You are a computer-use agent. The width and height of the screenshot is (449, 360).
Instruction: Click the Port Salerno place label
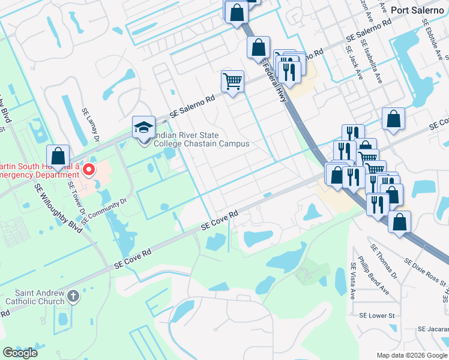[x=416, y=10]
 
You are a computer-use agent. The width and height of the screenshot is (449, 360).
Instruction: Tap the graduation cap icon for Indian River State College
[x=143, y=127]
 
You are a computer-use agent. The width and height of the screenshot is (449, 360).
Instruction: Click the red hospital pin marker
[x=89, y=170]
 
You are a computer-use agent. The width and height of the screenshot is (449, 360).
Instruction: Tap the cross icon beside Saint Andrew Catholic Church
[x=73, y=295]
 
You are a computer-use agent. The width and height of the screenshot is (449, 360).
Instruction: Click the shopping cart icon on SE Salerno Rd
[x=232, y=80]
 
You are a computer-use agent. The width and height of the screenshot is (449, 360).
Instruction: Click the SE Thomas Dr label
[x=384, y=262]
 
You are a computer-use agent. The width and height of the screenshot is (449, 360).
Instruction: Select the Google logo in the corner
[x=20, y=353]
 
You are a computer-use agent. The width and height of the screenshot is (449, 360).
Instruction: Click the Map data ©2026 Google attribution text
[x=411, y=355]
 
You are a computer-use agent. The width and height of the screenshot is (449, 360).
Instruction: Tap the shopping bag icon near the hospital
[x=58, y=156]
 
